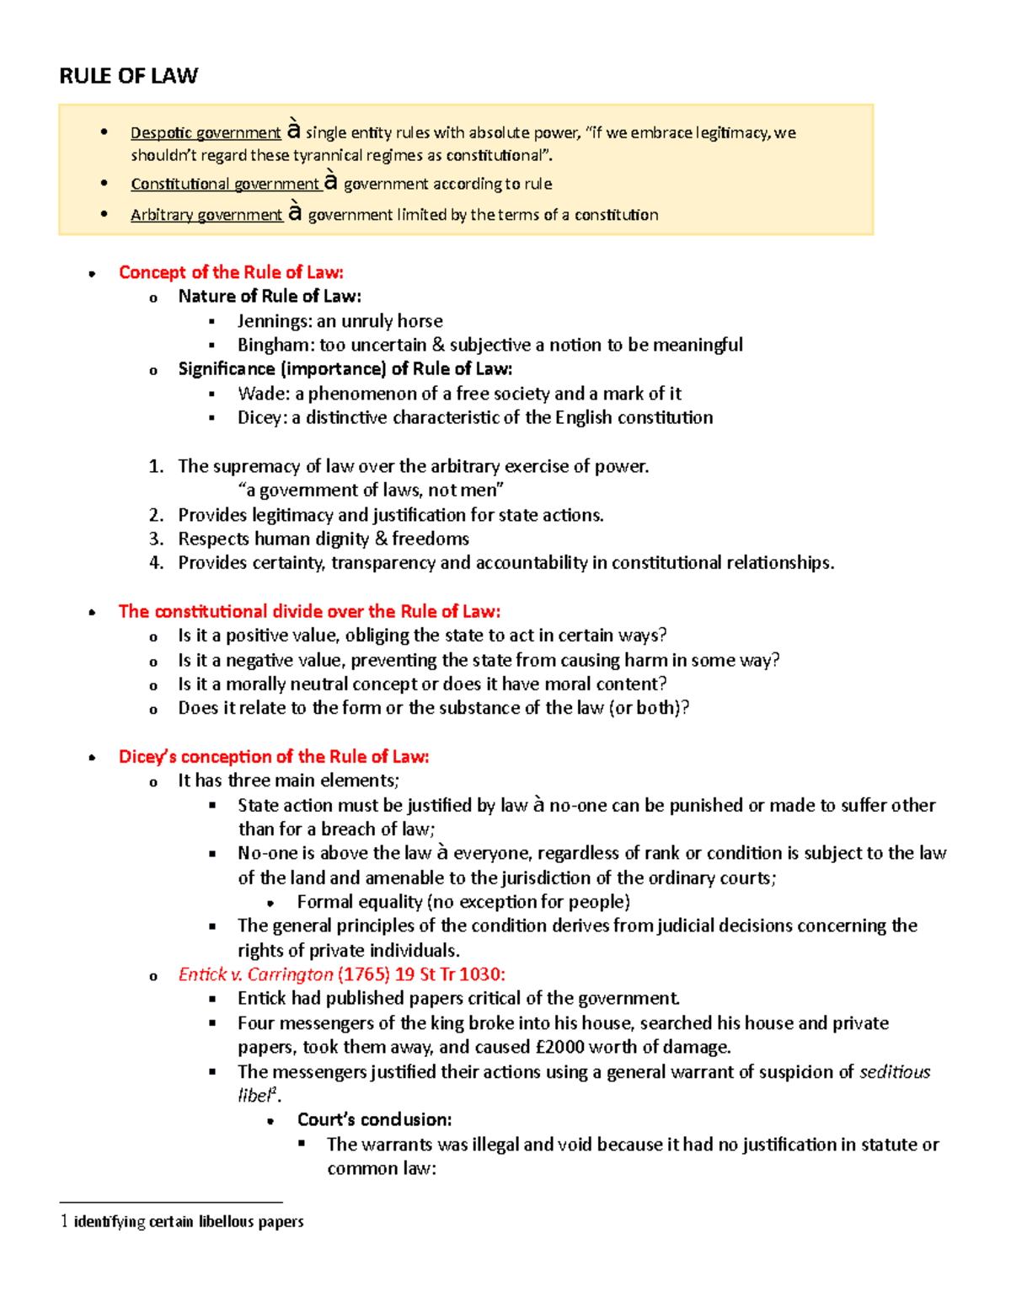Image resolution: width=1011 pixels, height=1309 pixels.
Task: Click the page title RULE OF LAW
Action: (128, 77)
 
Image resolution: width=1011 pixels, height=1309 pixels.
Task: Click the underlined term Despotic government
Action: (205, 133)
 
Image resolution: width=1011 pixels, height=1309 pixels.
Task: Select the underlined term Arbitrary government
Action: (206, 215)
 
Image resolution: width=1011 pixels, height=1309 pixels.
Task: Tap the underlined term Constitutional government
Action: (225, 184)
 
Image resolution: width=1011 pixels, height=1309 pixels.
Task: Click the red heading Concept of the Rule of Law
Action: (231, 272)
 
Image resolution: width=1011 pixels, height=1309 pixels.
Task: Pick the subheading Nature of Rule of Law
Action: (270, 297)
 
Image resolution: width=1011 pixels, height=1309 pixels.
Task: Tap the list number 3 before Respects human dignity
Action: (156, 539)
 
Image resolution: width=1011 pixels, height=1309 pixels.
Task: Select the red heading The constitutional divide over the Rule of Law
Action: (309, 612)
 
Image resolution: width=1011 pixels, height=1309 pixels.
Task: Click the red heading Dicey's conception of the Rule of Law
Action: (274, 757)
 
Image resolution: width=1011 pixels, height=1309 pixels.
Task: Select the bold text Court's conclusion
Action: (374, 1120)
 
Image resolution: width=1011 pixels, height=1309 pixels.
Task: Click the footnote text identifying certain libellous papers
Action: (189, 1221)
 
